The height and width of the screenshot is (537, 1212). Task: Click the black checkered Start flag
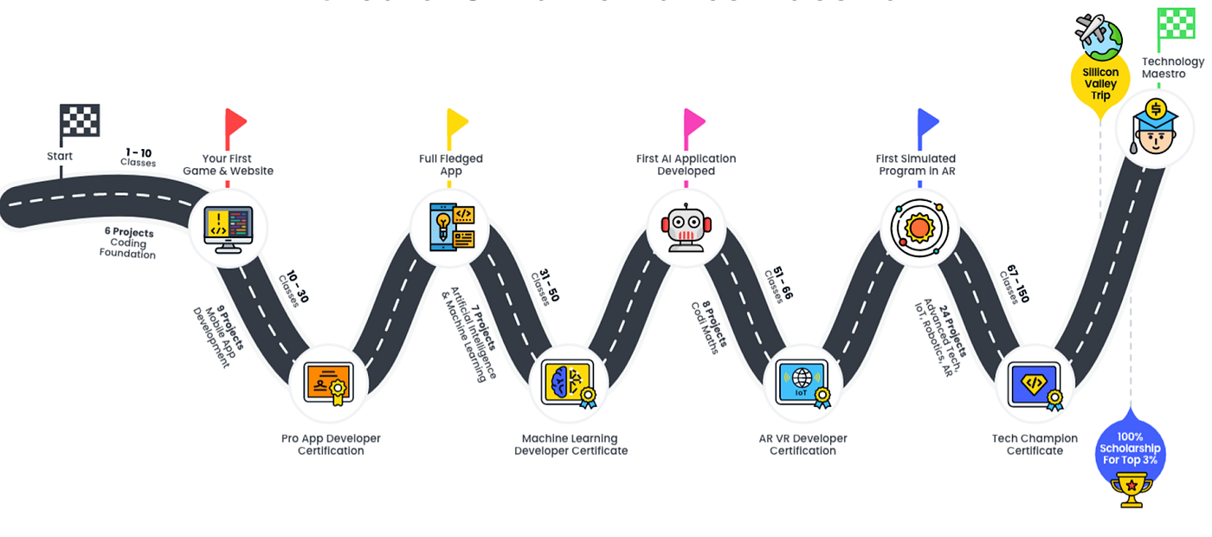click(x=79, y=123)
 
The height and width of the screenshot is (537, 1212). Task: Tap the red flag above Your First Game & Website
click(x=235, y=128)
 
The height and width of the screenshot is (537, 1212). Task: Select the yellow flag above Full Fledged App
click(x=456, y=128)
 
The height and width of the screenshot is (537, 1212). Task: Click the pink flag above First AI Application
click(x=693, y=128)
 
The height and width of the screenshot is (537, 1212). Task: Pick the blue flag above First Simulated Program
click(x=927, y=128)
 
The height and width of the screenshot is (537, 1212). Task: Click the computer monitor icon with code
click(x=228, y=229)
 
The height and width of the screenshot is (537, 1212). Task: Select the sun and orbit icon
click(x=919, y=229)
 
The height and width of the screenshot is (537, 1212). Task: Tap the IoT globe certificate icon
click(x=804, y=383)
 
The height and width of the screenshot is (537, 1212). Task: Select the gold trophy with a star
click(x=1131, y=489)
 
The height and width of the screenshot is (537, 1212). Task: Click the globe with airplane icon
click(x=1099, y=35)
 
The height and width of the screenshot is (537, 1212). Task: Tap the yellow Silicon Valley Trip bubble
click(x=1100, y=84)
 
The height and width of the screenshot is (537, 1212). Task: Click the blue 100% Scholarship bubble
click(x=1130, y=448)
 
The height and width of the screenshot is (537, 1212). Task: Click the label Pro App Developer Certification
click(x=331, y=444)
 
